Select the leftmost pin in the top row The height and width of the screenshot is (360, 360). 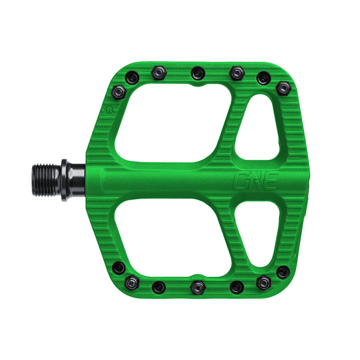[119, 91]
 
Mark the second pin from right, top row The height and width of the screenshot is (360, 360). [263, 78]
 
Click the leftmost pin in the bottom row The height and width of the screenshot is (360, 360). [119, 268]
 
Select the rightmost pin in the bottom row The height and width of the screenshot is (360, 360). [282, 272]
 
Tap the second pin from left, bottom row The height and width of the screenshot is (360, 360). [158, 286]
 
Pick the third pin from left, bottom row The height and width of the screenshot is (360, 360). [198, 287]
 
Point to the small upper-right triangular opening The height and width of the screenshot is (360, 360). [259, 133]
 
